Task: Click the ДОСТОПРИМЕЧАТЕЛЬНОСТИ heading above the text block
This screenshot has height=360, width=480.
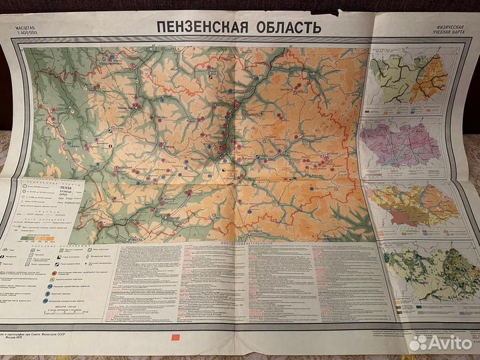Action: (237, 245)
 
